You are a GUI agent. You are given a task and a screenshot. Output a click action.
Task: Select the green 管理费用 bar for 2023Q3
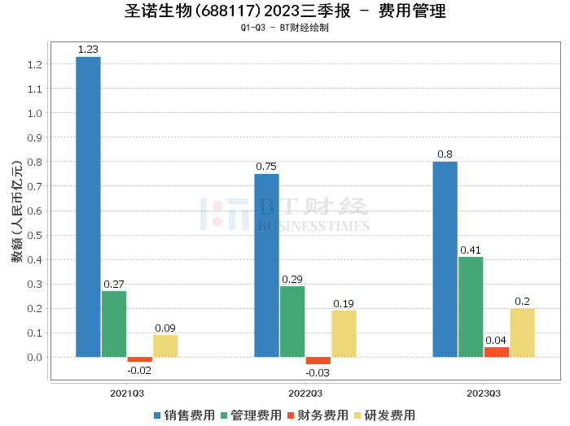pyautogui.click(x=471, y=306)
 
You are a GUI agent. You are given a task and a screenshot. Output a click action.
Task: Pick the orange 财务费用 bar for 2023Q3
pyautogui.click(x=496, y=352)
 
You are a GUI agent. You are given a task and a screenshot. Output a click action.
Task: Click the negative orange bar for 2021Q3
pyautogui.click(x=139, y=359)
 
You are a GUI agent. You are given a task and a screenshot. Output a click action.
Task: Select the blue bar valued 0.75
pyautogui.click(x=266, y=265)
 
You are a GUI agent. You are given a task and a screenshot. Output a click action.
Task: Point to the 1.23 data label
pyautogui.click(x=88, y=50)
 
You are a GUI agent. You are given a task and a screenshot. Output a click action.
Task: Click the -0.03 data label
pyautogui.click(x=318, y=373)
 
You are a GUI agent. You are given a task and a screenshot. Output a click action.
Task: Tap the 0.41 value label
pyautogui.click(x=471, y=250)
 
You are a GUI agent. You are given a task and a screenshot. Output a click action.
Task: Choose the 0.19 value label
pyautogui.click(x=344, y=303)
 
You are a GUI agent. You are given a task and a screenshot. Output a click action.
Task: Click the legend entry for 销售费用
pyautogui.click(x=186, y=415)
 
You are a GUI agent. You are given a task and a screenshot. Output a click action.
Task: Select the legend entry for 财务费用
pyautogui.click(x=318, y=415)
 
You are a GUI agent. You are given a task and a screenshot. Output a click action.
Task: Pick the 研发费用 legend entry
pyautogui.click(x=384, y=415)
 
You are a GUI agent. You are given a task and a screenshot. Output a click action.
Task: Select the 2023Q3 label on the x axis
pyautogui.click(x=484, y=393)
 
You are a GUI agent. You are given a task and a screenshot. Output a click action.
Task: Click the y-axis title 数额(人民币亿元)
pyautogui.click(x=16, y=211)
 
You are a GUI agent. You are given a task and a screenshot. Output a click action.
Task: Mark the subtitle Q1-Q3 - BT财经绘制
pyautogui.click(x=284, y=28)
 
